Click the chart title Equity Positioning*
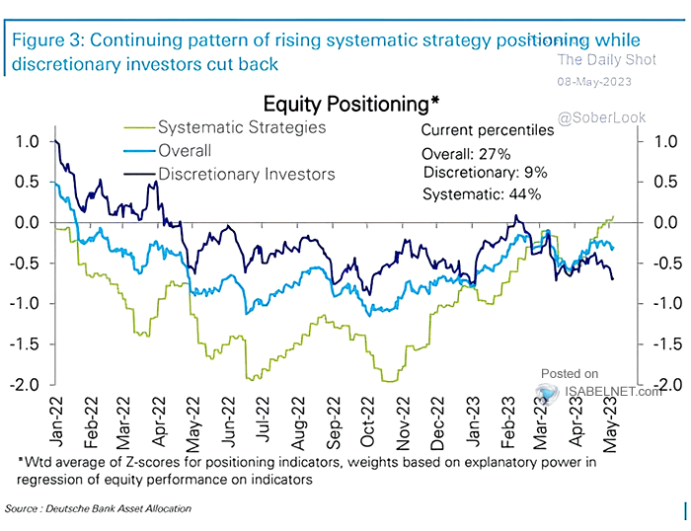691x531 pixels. (351, 104)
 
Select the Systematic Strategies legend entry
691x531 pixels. (242, 127)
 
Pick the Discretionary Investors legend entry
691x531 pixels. (246, 174)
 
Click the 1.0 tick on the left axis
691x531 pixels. (28, 142)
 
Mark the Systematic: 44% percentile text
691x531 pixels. (482, 194)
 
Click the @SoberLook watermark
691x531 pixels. (601, 117)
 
